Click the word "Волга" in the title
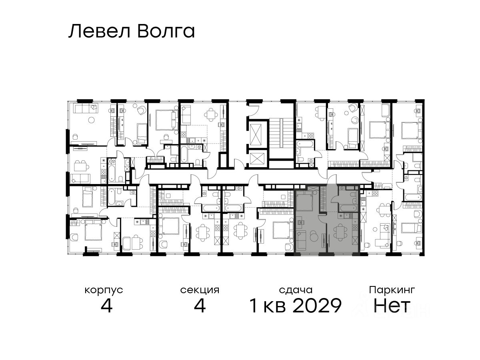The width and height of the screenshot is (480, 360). pos(166,31)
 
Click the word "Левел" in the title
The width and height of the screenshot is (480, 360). pos(99,31)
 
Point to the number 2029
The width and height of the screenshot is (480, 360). pos(317,306)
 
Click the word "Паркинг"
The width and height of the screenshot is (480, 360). pos(392,290)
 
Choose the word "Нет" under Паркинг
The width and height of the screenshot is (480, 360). pos(392,306)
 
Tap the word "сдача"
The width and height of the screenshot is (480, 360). pos(296,290)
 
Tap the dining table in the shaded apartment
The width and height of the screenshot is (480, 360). pos(340,232)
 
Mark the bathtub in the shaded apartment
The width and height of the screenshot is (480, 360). pos(348,207)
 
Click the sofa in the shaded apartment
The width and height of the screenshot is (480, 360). pos(301,240)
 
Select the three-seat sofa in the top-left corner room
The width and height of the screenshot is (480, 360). pos(86,108)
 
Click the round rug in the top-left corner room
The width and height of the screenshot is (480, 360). pos(91,120)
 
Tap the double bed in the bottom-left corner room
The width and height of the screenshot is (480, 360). pos(93,230)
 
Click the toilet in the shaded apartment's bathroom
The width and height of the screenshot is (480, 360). pos(354,200)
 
